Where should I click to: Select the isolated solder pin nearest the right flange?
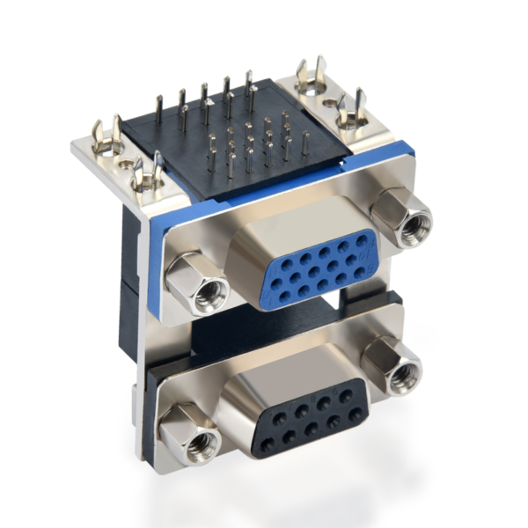coord(304,143)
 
